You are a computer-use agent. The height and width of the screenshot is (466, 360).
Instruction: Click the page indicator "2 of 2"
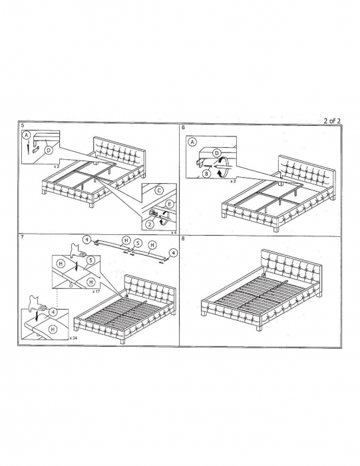[332, 120]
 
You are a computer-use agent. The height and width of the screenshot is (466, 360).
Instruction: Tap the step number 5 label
[23, 125]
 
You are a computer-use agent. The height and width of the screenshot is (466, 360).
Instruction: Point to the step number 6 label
[183, 128]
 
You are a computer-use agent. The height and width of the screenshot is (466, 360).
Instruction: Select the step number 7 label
[23, 237]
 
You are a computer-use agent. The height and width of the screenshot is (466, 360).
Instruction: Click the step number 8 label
[183, 238]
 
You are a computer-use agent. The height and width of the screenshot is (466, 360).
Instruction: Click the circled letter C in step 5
[159, 190]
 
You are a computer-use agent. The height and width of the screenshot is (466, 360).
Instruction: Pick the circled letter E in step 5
[169, 204]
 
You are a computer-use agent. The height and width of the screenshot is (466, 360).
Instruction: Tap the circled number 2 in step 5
[150, 224]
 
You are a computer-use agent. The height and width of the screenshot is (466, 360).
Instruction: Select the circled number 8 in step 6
[207, 173]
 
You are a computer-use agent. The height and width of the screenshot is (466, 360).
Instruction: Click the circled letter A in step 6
[192, 142]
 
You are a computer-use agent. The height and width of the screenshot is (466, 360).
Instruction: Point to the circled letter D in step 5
[49, 150]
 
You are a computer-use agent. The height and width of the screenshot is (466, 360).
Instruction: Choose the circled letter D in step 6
[217, 153]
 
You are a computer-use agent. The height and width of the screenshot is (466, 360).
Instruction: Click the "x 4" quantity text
[174, 232]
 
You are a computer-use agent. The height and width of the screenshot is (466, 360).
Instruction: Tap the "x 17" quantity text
[96, 292]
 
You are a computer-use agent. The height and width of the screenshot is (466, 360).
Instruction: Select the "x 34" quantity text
[73, 338]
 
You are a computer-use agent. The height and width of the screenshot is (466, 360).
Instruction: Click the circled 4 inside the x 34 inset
[53, 312]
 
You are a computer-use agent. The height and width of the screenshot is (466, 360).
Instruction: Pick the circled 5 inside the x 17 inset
[90, 260]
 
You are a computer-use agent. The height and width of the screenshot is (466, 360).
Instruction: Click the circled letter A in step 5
[27, 136]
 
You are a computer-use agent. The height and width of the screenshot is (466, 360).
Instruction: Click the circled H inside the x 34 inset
[53, 330]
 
